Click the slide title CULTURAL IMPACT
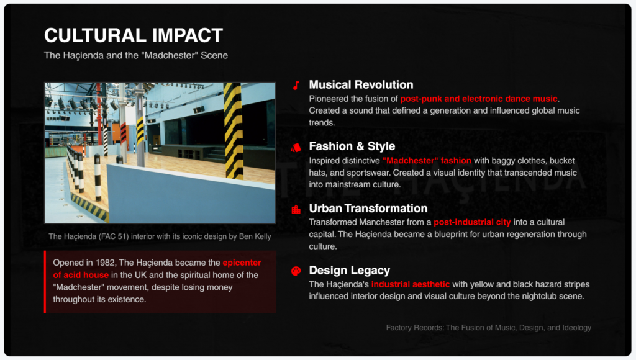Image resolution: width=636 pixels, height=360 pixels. coord(134,35)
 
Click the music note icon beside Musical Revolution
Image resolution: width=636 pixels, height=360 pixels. coord(296,85)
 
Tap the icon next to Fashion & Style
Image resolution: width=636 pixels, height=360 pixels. coord(296,147)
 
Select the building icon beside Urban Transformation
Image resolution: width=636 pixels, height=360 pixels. coord(296,209)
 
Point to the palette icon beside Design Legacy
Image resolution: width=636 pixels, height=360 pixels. coord(296,271)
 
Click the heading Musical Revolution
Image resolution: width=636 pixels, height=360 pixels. coord(361,84)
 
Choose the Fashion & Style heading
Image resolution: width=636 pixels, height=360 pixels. coord(352,146)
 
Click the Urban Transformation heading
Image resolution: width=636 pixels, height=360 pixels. coord(368,208)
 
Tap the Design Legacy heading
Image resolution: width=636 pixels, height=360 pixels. coord(350,271)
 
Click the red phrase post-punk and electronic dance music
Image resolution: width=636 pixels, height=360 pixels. coord(479,99)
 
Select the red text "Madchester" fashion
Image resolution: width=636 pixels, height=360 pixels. coord(427,161)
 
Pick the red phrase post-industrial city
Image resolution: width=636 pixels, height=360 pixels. coord(472,222)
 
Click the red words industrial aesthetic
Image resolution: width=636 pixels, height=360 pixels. coord(411,284)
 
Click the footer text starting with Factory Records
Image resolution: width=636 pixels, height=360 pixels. coord(488,328)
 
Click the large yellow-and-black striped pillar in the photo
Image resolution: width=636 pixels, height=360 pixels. coord(234,130)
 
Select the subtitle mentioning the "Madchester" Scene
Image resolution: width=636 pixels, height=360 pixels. coord(136,55)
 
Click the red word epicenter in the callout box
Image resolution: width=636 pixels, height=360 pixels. coord(242,263)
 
